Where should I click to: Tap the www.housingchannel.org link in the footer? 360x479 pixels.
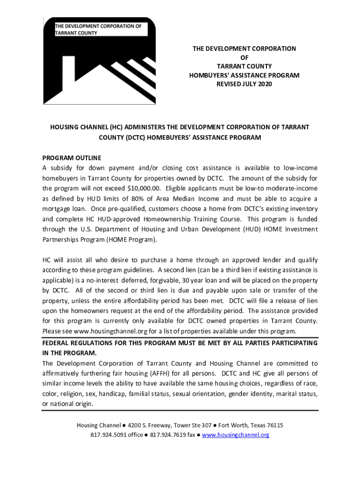(x=236, y=435)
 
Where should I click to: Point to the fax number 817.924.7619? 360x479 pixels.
(x=166, y=435)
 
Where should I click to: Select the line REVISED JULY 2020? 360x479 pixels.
(x=244, y=84)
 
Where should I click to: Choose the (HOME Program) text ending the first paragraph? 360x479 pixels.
(x=134, y=239)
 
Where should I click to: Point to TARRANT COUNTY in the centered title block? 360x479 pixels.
(x=244, y=66)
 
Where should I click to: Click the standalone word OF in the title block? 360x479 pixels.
(x=244, y=57)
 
